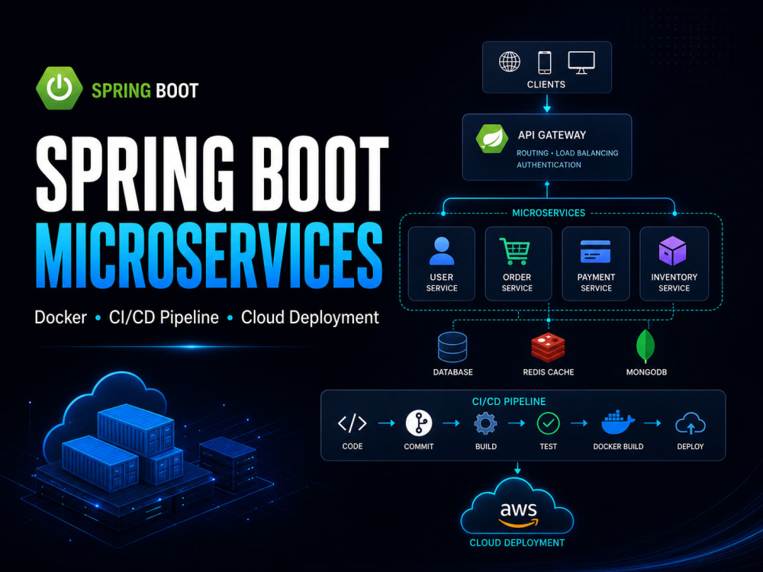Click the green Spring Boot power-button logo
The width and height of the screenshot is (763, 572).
60,88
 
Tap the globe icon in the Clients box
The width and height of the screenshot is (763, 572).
510,62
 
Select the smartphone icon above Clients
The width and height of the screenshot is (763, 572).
545,63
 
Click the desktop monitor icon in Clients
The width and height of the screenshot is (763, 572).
581,63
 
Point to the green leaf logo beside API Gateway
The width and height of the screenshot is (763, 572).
492,139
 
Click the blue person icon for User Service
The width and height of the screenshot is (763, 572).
442,251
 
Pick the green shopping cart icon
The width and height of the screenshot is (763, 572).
515,251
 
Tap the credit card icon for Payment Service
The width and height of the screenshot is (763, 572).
596,251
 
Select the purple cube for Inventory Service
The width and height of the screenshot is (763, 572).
672,251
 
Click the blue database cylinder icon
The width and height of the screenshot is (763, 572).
452,347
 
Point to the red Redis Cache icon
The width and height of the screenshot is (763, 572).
549,348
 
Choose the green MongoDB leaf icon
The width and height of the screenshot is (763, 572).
645,346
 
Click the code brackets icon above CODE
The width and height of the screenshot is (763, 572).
353,423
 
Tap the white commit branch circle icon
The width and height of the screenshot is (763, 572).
418,423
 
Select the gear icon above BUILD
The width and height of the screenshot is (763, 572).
485,423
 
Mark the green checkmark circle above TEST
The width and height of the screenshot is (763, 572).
549,423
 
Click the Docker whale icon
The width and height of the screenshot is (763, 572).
618,423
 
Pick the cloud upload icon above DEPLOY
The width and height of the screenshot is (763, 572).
691,423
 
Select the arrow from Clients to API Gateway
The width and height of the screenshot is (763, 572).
547,103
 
